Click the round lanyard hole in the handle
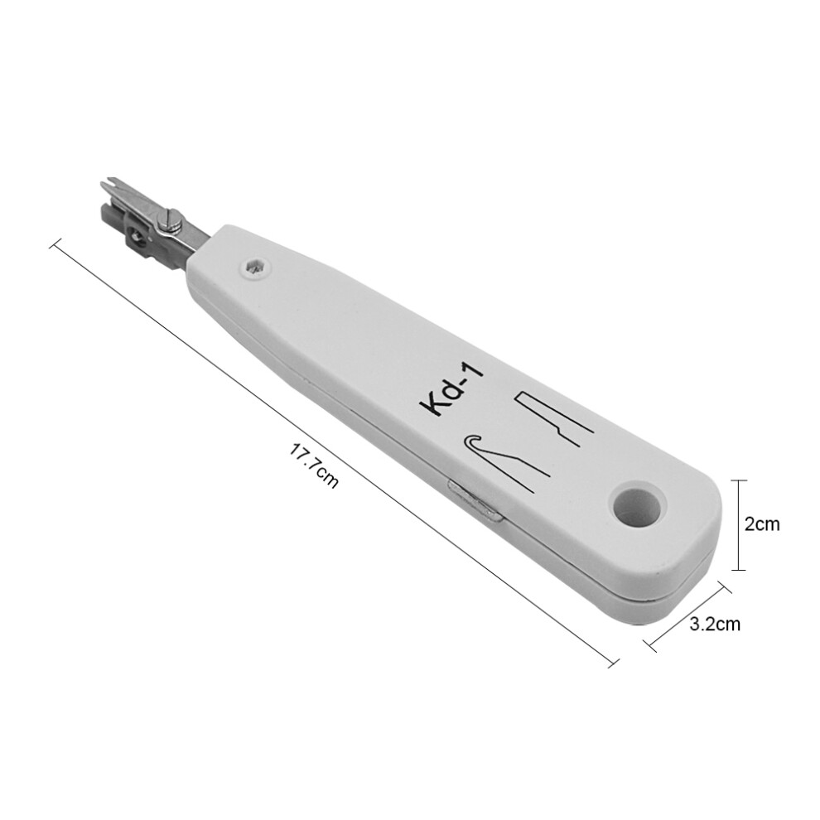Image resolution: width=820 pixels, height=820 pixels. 638,504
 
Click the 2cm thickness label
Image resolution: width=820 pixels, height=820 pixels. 762,524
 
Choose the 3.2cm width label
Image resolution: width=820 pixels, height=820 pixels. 714,624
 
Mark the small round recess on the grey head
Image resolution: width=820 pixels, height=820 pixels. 133,241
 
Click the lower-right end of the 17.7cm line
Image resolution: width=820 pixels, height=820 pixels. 615,662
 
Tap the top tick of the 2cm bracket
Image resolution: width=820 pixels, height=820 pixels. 736,480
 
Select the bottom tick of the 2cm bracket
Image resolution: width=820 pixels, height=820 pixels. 736,570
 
